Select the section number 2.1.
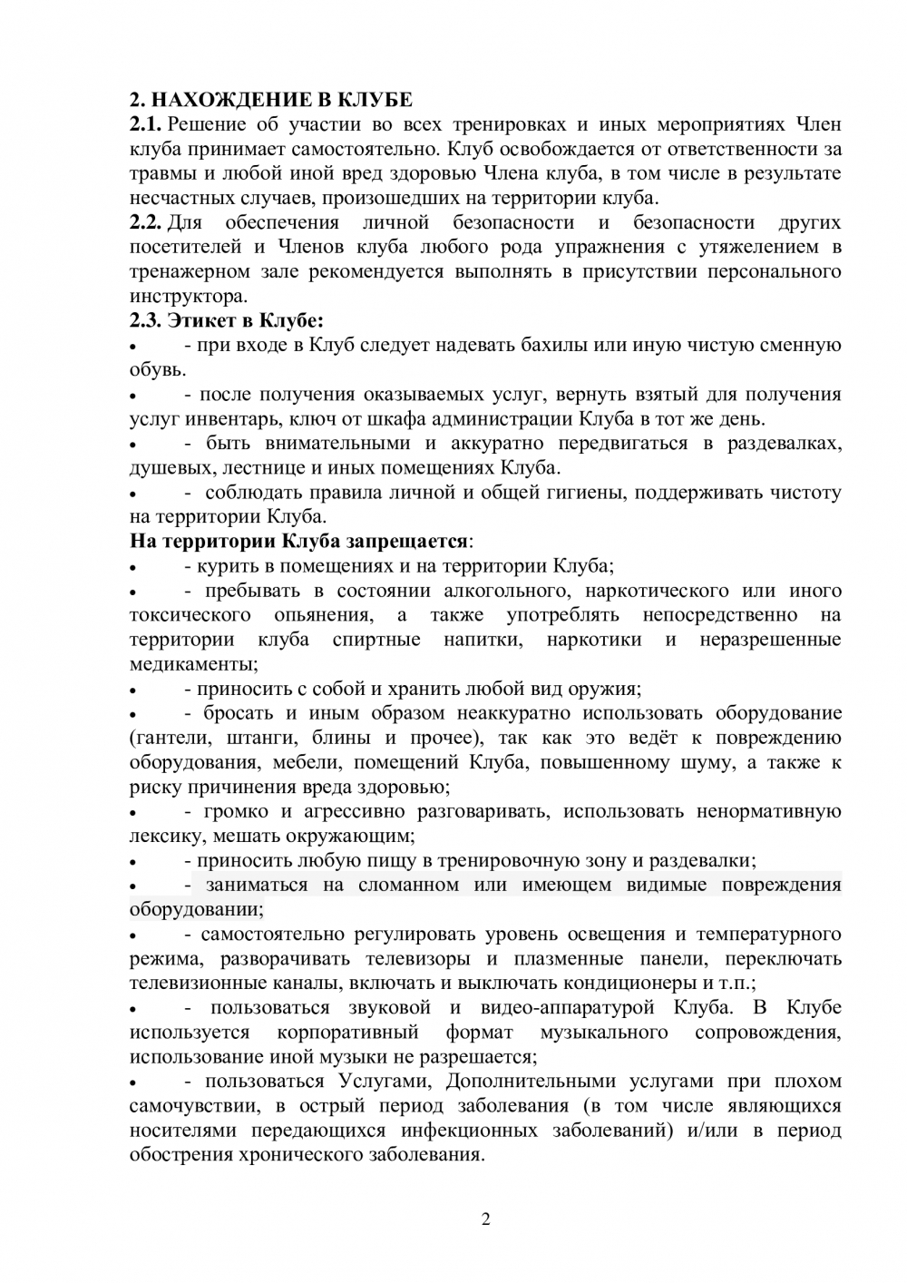tap(145, 124)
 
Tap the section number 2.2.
tap(145, 222)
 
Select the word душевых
tap(164, 467)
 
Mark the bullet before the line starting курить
tap(133, 568)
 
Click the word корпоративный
tap(347, 1032)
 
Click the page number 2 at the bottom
tap(485, 1219)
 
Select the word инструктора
tap(187, 296)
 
